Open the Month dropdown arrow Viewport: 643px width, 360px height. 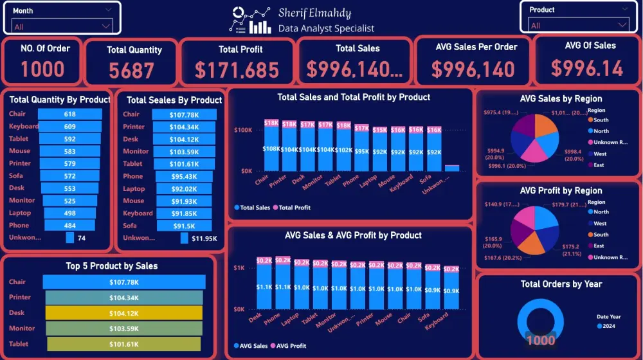point(106,26)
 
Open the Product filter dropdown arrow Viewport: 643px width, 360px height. point(621,25)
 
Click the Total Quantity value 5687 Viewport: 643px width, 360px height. point(131,70)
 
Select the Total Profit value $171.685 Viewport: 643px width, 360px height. point(237,69)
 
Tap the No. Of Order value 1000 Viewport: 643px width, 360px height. point(42,69)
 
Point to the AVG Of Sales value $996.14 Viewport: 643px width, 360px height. point(586,67)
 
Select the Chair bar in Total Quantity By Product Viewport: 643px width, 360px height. point(69,114)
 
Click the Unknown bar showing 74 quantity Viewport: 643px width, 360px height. point(70,238)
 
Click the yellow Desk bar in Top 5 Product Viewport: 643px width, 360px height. point(123,313)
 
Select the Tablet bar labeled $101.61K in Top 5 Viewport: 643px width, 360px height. point(123,344)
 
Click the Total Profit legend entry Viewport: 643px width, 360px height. point(294,208)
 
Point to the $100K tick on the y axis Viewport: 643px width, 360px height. point(242,130)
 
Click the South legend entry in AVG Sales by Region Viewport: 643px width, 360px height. point(601,120)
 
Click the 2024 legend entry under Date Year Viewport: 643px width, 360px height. point(607,326)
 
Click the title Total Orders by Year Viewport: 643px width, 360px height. point(561,284)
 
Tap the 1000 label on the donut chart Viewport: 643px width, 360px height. point(540,341)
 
